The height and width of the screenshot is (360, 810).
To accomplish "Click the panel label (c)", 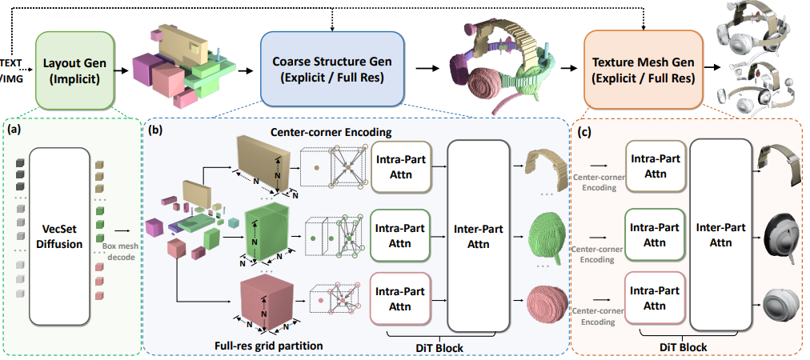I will (x=584, y=129).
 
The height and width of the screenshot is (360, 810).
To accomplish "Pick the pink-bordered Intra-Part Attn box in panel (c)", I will (x=654, y=300).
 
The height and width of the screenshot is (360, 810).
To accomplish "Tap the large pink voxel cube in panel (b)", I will (x=263, y=305).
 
